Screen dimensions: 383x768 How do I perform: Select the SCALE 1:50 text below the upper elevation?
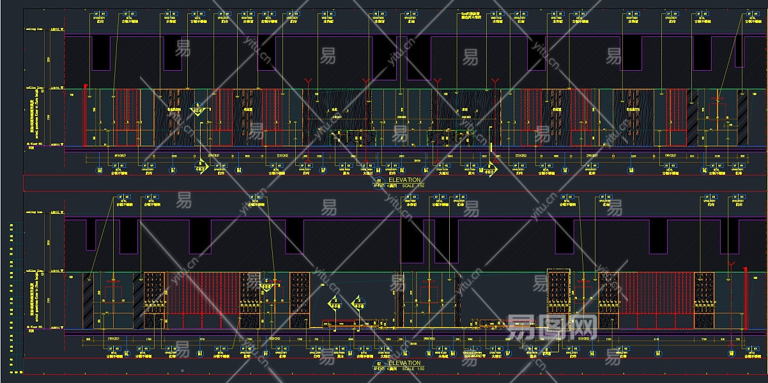[412, 185]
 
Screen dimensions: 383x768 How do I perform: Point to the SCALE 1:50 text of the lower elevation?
[412, 368]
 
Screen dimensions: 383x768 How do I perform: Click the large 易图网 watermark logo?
[551, 327]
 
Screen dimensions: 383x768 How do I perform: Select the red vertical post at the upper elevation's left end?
[85, 116]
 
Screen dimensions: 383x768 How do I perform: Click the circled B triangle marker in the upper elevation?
[198, 109]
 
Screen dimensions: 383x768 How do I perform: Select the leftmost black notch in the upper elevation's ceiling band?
[101, 52]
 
